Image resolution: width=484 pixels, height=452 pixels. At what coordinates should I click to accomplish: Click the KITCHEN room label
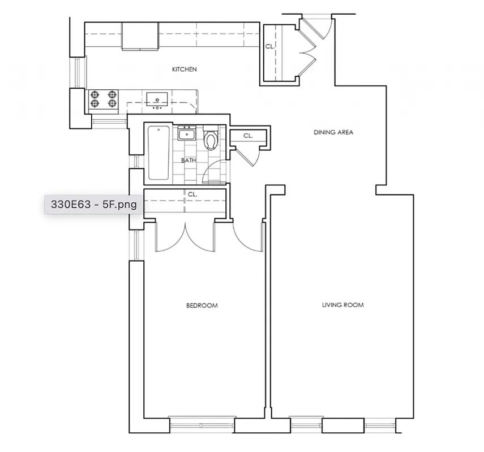point(185,69)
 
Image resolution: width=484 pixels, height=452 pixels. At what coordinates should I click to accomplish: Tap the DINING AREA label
point(333,133)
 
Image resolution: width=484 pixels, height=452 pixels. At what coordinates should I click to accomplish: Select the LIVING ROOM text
point(342,305)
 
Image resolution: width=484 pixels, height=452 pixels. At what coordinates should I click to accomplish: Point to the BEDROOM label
point(202,306)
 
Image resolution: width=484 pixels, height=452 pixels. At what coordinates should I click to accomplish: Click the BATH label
point(189,160)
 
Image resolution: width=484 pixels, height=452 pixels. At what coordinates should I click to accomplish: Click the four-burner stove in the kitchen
point(104,100)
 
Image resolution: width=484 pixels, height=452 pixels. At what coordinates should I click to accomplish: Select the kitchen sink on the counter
point(156,100)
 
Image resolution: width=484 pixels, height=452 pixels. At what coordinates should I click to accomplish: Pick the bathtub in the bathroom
point(159,153)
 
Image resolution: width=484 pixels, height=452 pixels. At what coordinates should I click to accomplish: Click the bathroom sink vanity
point(186,134)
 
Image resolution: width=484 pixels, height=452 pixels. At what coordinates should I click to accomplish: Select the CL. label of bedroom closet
point(192,194)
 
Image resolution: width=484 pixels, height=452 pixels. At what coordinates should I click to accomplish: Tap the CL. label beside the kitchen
point(269,46)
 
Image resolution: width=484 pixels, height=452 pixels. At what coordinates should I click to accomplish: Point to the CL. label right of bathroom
point(248,136)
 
